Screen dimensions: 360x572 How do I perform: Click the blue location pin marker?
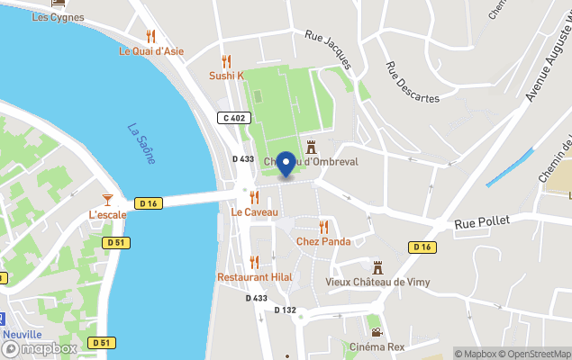(x=286, y=164)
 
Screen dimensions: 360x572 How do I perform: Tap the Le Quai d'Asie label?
(x=151, y=51)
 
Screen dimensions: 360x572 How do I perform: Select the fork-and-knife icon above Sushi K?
(x=226, y=61)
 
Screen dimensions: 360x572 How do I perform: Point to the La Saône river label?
(x=141, y=143)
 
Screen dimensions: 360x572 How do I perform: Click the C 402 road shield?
(x=233, y=118)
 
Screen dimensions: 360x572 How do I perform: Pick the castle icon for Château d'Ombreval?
(x=312, y=147)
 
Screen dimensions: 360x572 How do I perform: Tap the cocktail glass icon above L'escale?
(x=107, y=199)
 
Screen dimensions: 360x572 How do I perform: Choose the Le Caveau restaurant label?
(x=254, y=212)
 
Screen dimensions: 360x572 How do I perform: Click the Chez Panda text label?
(x=323, y=241)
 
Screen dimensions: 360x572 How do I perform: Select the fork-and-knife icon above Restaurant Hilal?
(x=254, y=262)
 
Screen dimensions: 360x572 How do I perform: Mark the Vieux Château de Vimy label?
(x=377, y=283)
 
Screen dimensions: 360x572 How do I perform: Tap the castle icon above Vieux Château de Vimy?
(x=378, y=267)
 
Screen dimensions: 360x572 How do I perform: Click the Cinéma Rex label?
(x=376, y=347)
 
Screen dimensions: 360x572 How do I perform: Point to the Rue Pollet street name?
(x=482, y=221)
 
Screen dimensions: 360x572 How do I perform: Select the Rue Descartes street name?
(x=413, y=82)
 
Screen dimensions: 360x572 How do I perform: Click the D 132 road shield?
(x=285, y=310)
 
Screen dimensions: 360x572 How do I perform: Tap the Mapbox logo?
(x=41, y=348)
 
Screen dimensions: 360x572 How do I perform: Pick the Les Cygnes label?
(x=58, y=17)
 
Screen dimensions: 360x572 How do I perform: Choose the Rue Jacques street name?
(x=327, y=50)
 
